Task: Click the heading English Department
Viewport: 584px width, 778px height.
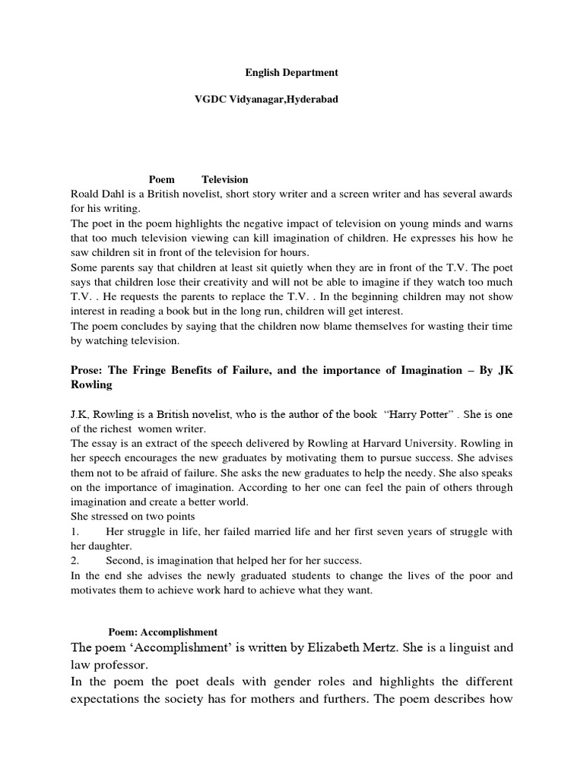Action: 291,73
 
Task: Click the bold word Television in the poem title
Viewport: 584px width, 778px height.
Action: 225,180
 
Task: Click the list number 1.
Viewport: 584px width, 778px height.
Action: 75,532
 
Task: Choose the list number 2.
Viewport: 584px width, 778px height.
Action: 75,561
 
